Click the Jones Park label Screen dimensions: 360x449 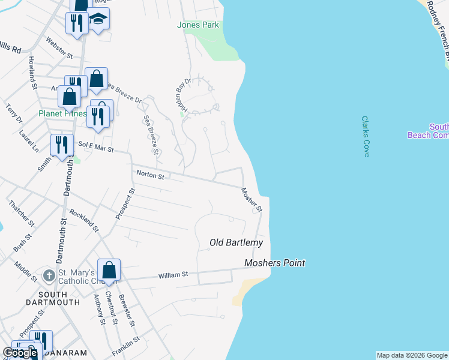click(x=198, y=25)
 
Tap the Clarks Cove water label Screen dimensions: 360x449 click(x=366, y=137)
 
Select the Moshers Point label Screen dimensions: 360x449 click(x=274, y=263)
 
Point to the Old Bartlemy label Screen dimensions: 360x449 click(x=236, y=242)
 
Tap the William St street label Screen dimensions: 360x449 click(x=173, y=275)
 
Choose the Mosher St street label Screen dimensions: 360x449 click(x=252, y=200)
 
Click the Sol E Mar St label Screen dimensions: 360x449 click(x=96, y=146)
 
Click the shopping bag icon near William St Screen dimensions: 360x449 click(x=109, y=271)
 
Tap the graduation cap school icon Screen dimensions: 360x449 click(x=98, y=19)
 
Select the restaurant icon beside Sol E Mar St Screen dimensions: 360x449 click(x=62, y=145)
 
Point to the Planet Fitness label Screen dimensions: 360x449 click(x=62, y=113)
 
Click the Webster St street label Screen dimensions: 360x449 click(x=59, y=48)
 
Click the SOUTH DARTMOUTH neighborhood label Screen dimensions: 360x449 click(x=59, y=298)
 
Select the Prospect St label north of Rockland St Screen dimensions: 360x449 click(x=125, y=203)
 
